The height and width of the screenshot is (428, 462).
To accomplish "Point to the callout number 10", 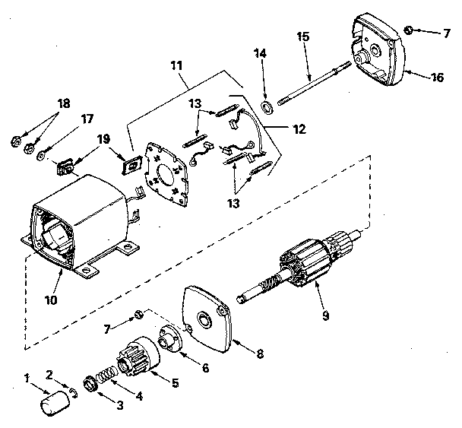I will coord(50,299).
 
